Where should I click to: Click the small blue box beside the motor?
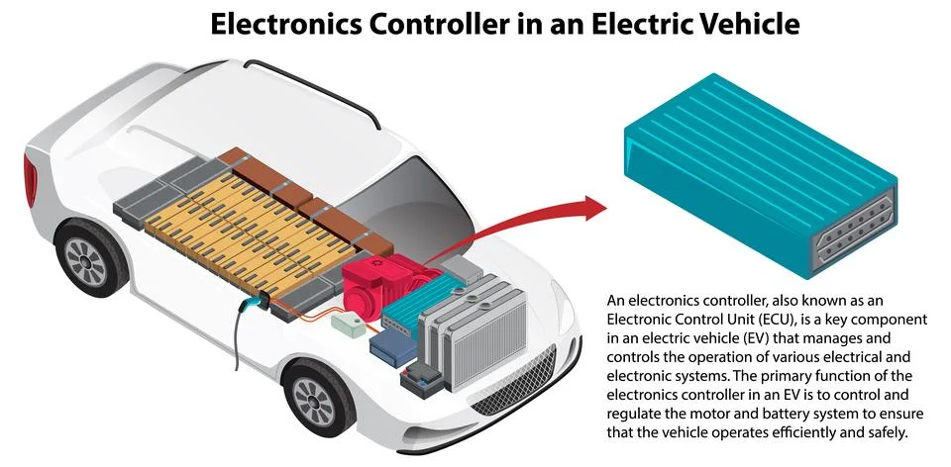[388, 348]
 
